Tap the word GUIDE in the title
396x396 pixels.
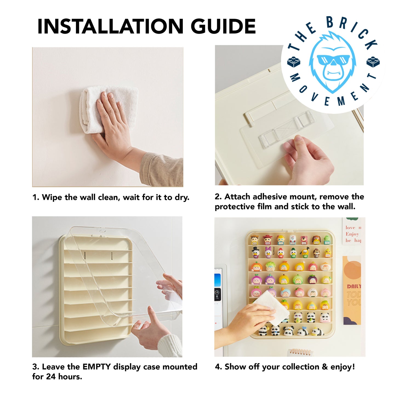223,27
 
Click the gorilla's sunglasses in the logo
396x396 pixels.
333,60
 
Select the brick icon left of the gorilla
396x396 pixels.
294,62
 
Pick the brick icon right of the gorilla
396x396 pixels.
373,62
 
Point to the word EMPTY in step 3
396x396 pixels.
96,367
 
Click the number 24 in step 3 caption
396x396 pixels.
51,377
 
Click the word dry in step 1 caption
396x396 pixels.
181,197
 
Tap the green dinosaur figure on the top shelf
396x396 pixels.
327,240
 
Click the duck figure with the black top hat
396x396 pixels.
256,252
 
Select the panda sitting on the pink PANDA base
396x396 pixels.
325,318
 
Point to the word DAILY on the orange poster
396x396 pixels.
354,286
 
